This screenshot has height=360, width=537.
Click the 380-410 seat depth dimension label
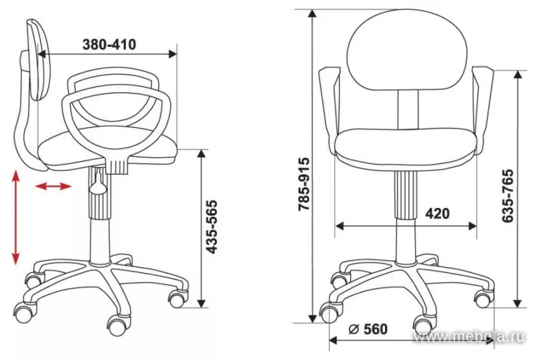click(109, 45)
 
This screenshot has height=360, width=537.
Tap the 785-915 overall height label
click(303, 184)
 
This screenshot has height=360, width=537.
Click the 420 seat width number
click(436, 213)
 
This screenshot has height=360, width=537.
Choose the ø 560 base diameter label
click(368, 329)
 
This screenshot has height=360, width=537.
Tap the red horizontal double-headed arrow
click(54, 186)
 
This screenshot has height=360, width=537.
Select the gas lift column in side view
click(98, 219)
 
